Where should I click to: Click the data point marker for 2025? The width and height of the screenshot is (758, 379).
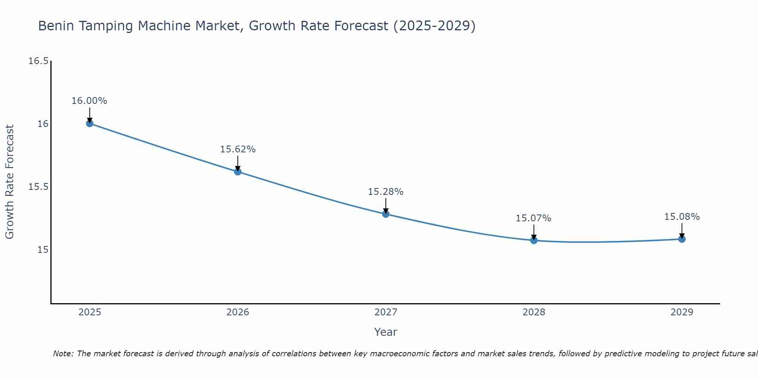tap(89, 123)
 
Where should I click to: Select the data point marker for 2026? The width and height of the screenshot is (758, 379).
tap(238, 171)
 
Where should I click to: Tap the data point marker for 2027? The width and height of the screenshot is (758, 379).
tap(386, 214)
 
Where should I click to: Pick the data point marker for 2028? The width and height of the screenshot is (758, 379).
tap(534, 240)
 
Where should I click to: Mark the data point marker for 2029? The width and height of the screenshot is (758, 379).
tap(682, 239)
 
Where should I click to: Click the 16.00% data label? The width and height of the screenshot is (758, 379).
tap(89, 101)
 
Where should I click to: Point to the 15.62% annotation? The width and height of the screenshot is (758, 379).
tap(238, 149)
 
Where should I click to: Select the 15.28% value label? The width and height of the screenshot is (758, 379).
tap(386, 192)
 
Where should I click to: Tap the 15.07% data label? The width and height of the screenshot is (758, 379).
tap(534, 218)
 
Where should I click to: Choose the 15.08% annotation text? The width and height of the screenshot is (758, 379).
tap(682, 217)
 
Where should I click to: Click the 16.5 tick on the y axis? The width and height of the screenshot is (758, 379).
tap(39, 61)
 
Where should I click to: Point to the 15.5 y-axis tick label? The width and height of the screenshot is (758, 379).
tap(39, 187)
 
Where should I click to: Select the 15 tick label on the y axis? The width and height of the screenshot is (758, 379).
tap(43, 250)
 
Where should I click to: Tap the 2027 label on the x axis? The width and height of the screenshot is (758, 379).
tap(386, 312)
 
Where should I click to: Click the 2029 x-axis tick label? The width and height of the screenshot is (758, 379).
tap(682, 312)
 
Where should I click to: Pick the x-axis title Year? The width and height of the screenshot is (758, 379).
tap(386, 332)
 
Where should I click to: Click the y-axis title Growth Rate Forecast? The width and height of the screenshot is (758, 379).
tap(9, 182)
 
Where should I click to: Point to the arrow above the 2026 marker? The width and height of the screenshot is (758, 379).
tap(238, 163)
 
